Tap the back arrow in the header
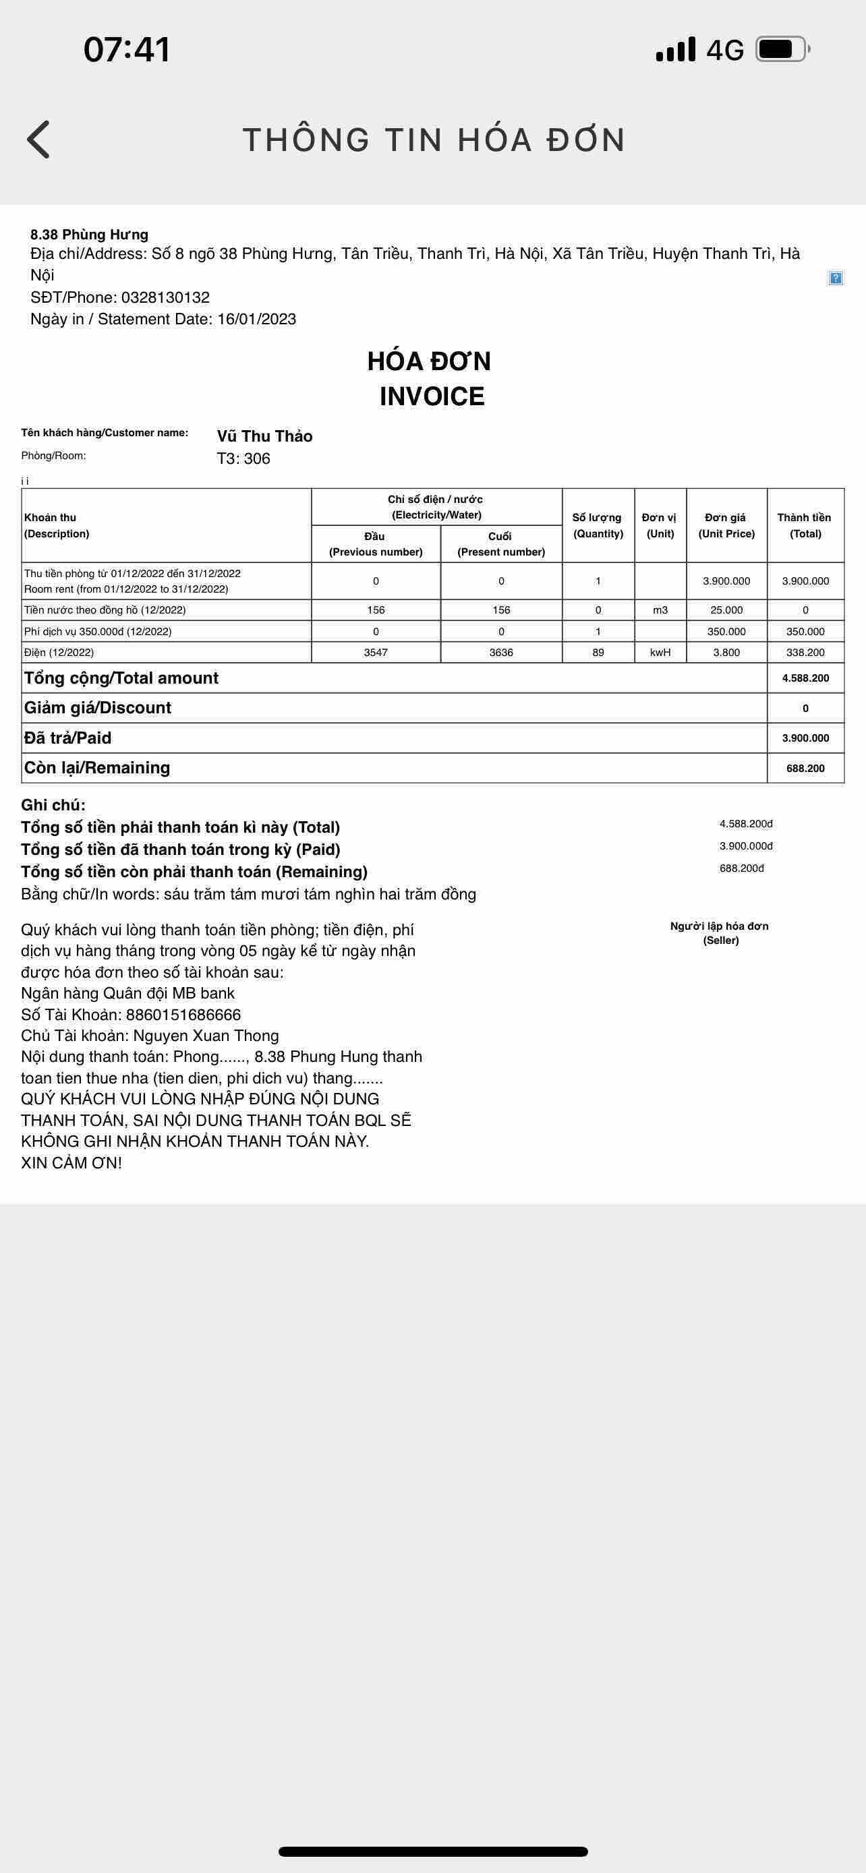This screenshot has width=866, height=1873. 38,140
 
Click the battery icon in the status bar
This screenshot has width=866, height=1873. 782,49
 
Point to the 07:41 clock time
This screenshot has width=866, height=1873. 127,49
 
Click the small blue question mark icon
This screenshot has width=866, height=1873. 836,278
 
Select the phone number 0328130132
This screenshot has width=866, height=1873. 165,297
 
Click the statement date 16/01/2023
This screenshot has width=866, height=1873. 257,319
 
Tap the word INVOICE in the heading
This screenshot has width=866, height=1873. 432,396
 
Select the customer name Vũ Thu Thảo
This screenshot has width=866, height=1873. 264,436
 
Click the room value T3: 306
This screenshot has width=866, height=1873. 243,458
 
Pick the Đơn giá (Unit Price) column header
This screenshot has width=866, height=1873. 726,525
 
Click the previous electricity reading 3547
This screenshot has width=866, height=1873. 376,652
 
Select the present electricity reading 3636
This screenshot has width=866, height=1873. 501,652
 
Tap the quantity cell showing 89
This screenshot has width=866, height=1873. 598,652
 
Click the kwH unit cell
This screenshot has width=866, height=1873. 660,652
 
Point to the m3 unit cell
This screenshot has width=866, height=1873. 660,610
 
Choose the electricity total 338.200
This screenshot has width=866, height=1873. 805,652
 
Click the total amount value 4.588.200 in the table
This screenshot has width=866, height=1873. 805,678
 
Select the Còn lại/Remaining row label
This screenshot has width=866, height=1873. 96,768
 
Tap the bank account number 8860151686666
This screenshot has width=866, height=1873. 183,1014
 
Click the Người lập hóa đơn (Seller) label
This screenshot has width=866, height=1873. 720,933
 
